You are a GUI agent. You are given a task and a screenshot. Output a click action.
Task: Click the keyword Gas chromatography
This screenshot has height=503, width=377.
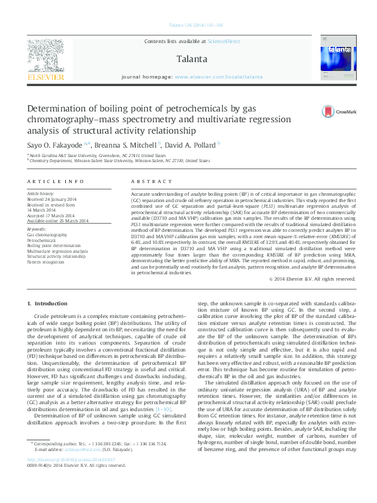point(47,235)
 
